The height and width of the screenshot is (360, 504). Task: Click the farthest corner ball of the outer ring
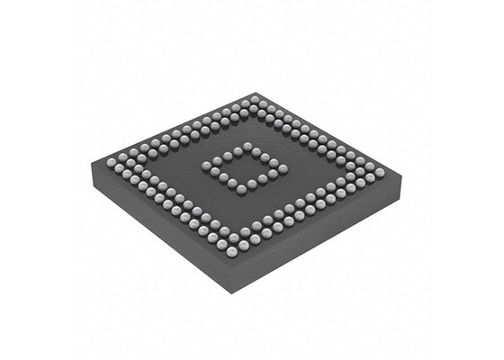coord(255,99)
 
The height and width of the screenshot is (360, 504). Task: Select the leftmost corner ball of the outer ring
coord(112,162)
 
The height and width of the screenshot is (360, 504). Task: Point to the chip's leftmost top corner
coord(94,163)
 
